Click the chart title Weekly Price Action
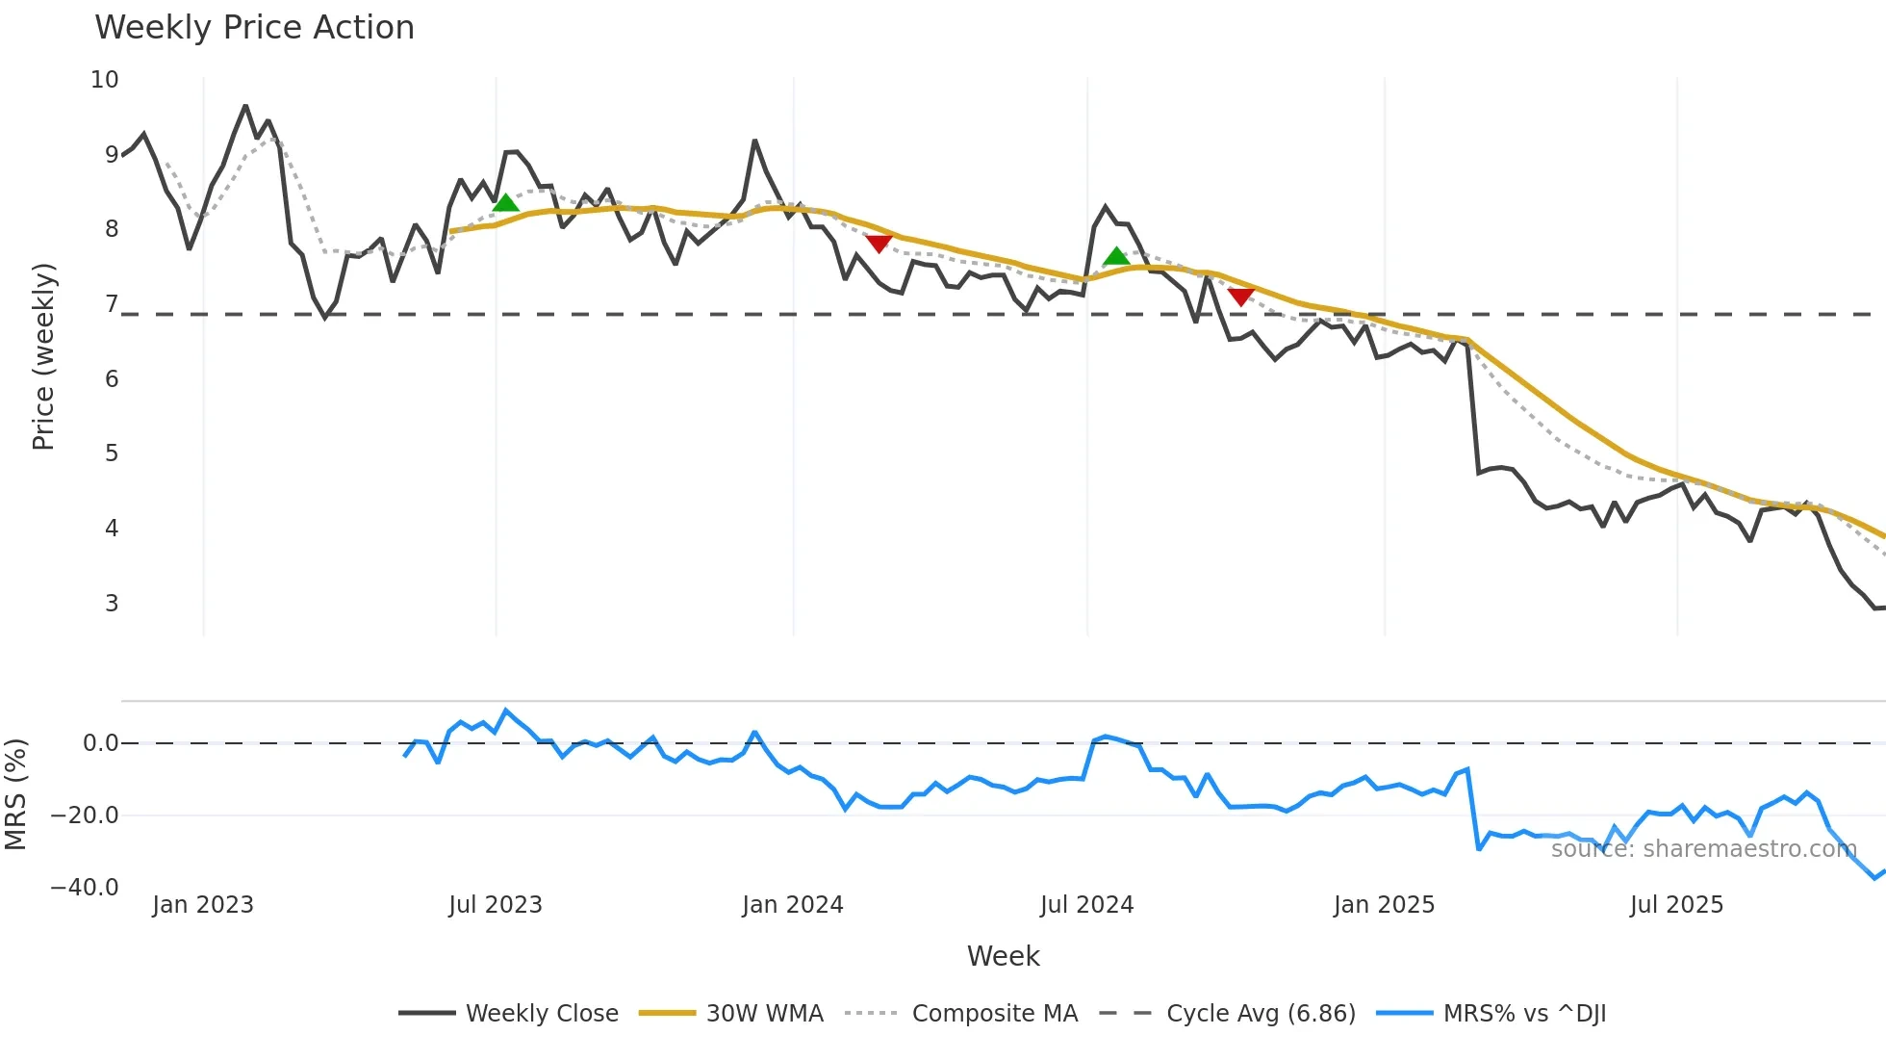[254, 28]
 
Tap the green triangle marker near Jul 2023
[505, 202]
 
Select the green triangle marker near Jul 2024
[1116, 256]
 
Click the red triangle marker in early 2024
[879, 244]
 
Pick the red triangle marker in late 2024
[1241, 297]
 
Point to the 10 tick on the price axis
[105, 80]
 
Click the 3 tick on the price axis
[112, 604]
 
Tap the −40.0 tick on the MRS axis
[85, 888]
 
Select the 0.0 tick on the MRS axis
[100, 743]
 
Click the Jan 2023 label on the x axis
[203, 905]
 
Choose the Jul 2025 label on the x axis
[1676, 905]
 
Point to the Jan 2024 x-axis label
[793, 905]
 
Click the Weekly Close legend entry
[542, 1014]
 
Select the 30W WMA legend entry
[764, 1014]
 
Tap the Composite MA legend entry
[994, 1014]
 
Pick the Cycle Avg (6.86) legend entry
[1261, 1014]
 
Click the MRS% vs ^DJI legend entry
[1524, 1014]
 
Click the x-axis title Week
[1003, 956]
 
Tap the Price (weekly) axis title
[43, 356]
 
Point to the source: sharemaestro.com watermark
[1703, 849]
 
